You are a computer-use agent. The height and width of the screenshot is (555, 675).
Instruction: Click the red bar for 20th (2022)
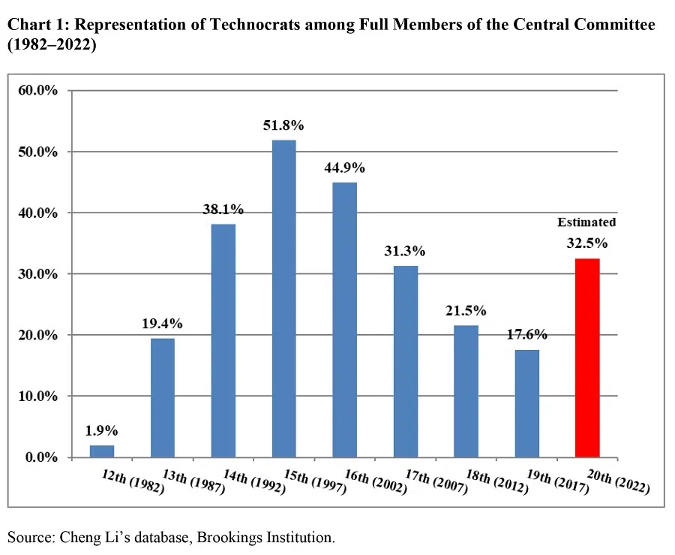[587, 357]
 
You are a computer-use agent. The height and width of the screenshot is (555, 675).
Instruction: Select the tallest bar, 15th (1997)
[283, 298]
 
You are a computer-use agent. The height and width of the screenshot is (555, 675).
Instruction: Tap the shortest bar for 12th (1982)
[102, 451]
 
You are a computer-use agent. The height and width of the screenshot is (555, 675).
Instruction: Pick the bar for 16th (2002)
[344, 319]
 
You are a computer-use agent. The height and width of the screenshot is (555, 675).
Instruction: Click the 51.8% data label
[283, 125]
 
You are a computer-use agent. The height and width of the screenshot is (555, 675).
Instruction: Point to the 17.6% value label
[526, 335]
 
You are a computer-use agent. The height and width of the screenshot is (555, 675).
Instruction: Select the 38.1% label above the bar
[223, 210]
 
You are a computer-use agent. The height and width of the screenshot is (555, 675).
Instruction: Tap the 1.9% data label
[102, 431]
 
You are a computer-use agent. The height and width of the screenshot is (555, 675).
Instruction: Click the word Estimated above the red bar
[586, 222]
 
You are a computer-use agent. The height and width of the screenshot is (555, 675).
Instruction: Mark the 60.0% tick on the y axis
[37, 91]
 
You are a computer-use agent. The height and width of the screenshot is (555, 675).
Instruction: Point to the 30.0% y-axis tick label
[37, 274]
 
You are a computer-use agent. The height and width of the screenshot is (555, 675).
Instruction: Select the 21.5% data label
[466, 310]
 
